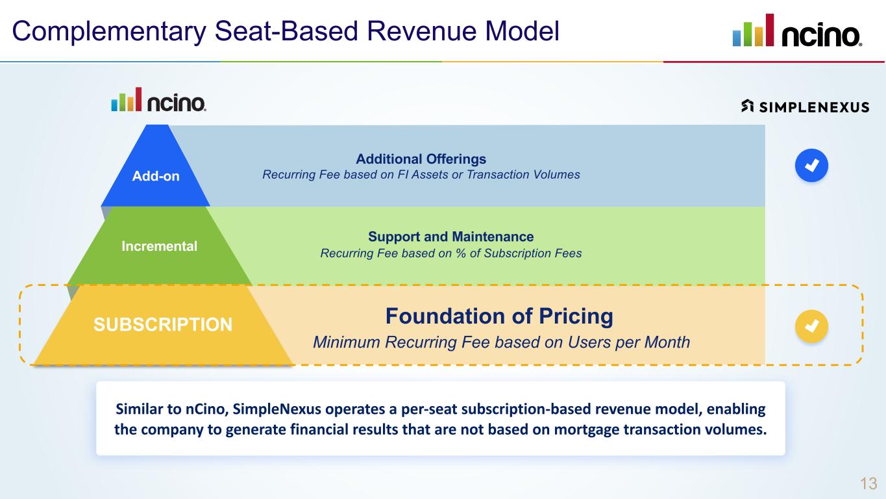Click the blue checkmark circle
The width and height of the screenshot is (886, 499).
811,166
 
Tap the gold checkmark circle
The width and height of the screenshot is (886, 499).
811,326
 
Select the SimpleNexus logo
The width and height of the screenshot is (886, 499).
805,107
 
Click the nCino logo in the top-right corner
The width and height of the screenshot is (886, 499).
797,31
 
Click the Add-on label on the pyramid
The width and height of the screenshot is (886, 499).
156,176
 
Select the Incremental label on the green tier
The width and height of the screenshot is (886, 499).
159,246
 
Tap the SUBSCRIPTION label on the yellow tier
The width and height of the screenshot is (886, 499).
163,325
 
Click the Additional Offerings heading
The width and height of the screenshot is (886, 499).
421,159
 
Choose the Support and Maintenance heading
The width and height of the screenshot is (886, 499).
450,237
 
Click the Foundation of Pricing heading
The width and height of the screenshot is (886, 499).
498,316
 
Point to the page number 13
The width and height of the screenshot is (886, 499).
868,483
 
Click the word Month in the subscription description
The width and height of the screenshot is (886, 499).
667,342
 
